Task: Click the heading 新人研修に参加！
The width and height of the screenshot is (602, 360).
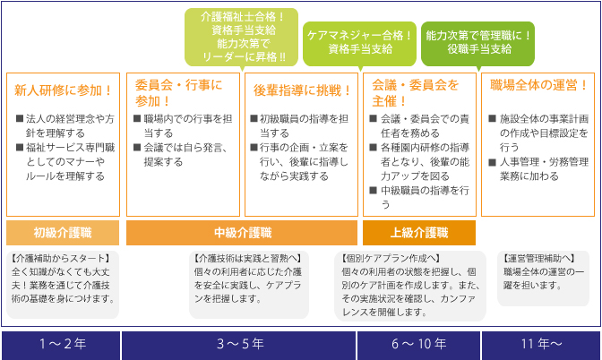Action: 64,90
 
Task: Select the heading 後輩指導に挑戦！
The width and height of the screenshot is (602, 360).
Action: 302,90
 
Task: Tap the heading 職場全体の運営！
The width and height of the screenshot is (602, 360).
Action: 538,85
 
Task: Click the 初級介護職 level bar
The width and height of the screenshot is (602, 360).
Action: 63,233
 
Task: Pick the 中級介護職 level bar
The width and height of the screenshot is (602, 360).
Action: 242,233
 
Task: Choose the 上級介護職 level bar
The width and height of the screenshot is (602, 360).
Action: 419,233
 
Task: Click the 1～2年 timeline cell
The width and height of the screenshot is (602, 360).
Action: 61,345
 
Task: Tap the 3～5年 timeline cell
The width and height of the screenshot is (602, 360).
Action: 239,345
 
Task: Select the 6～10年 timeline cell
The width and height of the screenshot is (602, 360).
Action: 419,345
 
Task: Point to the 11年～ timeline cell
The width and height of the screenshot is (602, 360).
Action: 541,345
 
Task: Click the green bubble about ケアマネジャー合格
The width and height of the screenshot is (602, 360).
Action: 360,43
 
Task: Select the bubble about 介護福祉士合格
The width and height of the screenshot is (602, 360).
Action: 242,38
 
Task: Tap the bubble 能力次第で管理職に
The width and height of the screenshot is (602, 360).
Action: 478,43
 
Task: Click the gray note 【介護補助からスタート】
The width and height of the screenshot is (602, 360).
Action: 63,285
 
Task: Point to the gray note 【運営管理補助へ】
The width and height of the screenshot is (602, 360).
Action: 543,279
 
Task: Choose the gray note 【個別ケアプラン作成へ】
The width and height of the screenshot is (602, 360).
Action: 410,286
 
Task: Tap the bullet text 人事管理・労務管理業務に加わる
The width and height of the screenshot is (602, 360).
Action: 538,169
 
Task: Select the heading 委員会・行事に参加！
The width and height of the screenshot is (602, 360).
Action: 178,93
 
